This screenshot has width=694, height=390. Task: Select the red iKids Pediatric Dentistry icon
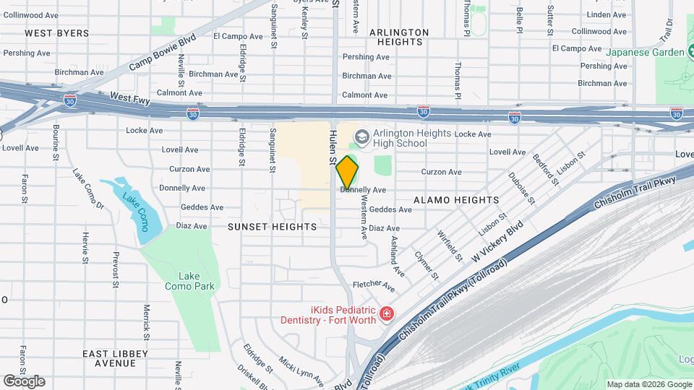tap(387, 313)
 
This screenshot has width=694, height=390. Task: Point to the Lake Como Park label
tap(189, 281)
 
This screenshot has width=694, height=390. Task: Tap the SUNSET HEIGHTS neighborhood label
tap(272, 227)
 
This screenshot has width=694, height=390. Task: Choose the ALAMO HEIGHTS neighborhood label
tap(456, 200)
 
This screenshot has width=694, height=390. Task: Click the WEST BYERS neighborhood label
tap(57, 33)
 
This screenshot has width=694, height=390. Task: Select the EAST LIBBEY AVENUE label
tap(115, 358)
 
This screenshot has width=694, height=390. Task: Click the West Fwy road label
tap(129, 96)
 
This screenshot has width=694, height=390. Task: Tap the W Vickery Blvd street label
tap(497, 243)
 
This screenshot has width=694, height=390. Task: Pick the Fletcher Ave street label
tap(373, 287)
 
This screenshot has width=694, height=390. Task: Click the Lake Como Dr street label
tap(88, 189)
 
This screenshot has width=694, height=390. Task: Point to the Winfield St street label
tap(450, 244)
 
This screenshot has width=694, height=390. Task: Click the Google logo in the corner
tap(24, 381)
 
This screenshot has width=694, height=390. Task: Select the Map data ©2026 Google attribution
tap(648, 384)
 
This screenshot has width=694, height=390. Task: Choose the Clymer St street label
tap(427, 265)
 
